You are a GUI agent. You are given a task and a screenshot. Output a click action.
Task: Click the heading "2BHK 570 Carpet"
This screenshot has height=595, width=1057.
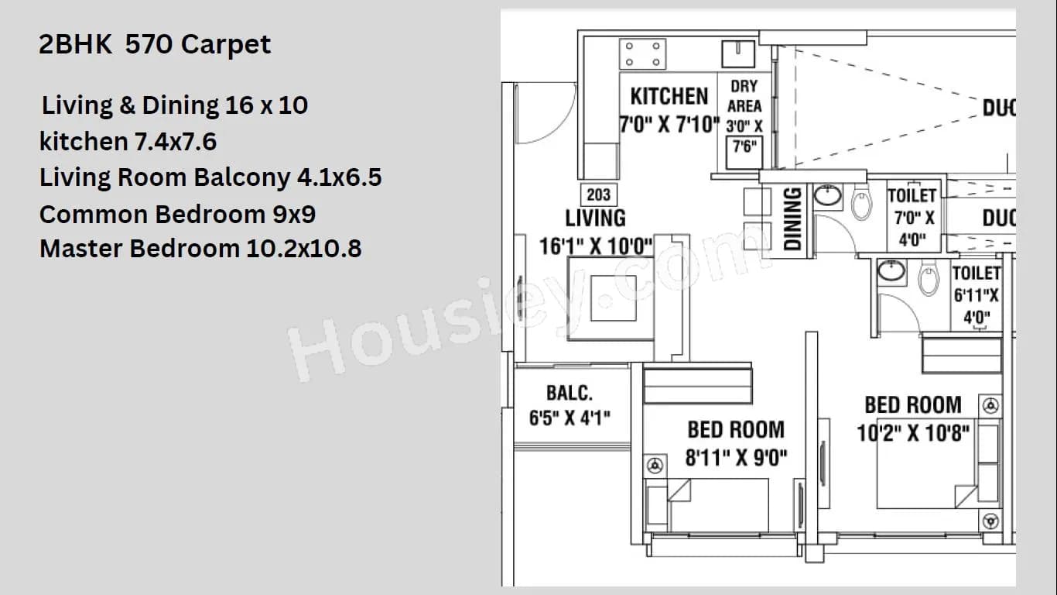[155, 44]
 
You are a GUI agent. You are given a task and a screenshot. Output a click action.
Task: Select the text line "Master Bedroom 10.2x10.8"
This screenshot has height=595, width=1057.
[200, 249]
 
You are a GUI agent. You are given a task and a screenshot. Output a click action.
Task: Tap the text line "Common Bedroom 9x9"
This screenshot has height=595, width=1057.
[177, 213]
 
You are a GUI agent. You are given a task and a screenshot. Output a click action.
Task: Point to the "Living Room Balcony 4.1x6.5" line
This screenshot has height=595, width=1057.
[210, 177]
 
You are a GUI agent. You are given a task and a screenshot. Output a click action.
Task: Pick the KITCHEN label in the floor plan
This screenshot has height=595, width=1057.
[669, 97]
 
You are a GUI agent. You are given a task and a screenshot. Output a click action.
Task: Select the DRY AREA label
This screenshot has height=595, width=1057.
[744, 96]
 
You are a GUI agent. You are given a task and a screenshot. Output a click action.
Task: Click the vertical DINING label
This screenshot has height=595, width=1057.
[792, 220]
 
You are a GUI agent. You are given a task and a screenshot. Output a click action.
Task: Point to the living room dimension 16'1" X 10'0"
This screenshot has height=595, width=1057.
[595, 246]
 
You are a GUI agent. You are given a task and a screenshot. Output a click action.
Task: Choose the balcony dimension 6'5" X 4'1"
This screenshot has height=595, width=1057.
[570, 418]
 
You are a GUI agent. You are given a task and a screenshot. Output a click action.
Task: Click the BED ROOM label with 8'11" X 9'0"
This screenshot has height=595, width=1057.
[735, 430]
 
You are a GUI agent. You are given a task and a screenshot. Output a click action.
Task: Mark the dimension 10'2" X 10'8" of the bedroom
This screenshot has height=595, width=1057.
[913, 432]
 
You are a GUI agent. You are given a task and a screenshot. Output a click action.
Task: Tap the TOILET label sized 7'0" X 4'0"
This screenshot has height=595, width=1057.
[912, 196]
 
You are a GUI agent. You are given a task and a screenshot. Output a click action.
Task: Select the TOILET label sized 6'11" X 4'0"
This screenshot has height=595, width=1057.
[976, 273]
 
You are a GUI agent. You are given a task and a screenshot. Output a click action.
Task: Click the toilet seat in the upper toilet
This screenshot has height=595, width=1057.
[861, 205]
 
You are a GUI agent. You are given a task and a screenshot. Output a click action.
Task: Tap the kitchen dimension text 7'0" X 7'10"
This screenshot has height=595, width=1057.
[669, 124]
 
